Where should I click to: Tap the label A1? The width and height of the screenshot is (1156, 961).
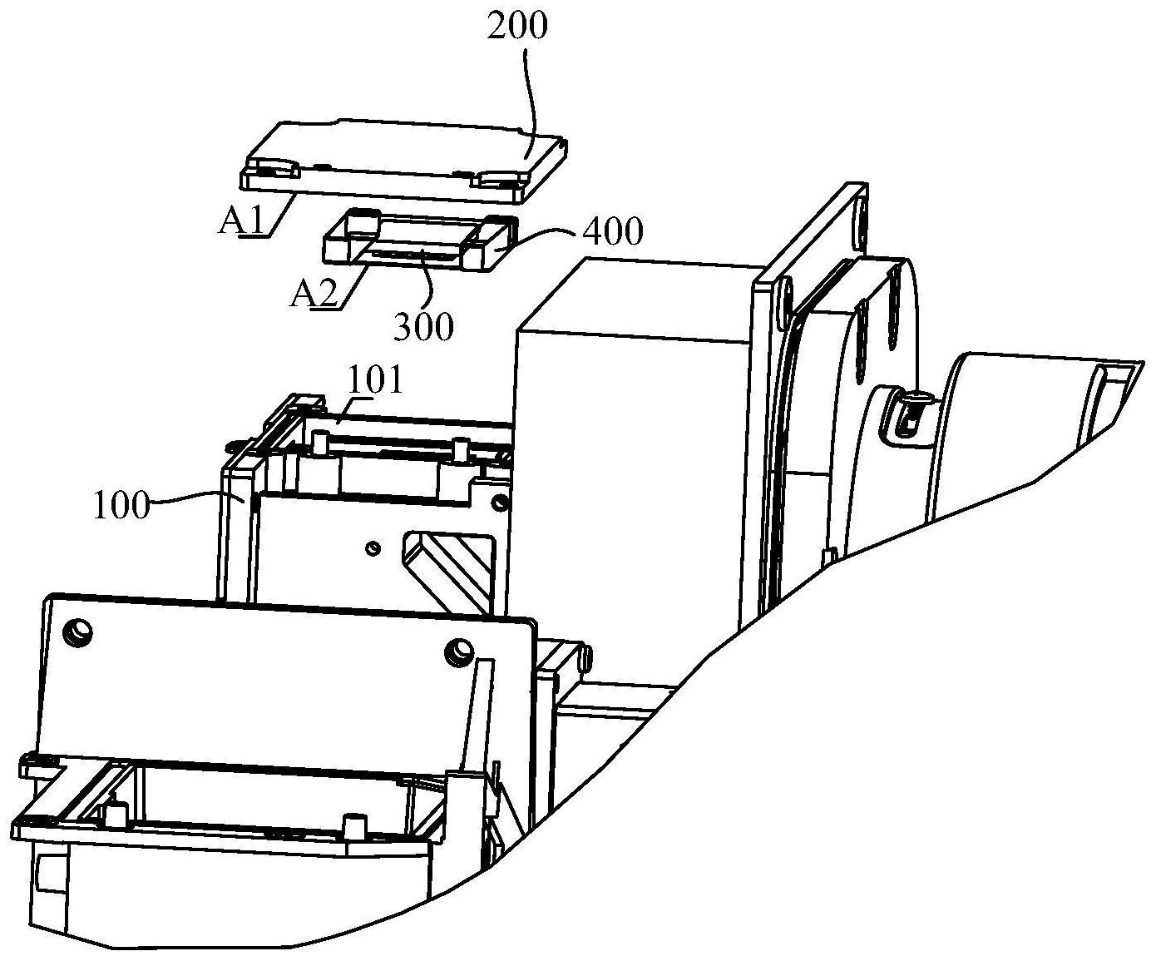(241, 221)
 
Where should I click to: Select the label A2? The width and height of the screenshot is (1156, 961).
(314, 293)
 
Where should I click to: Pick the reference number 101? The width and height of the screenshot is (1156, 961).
(375, 381)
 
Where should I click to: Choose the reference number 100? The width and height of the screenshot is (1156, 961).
(121, 506)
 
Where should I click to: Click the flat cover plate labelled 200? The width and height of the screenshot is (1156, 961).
(403, 161)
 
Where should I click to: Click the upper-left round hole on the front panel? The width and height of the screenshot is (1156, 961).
(78, 632)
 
